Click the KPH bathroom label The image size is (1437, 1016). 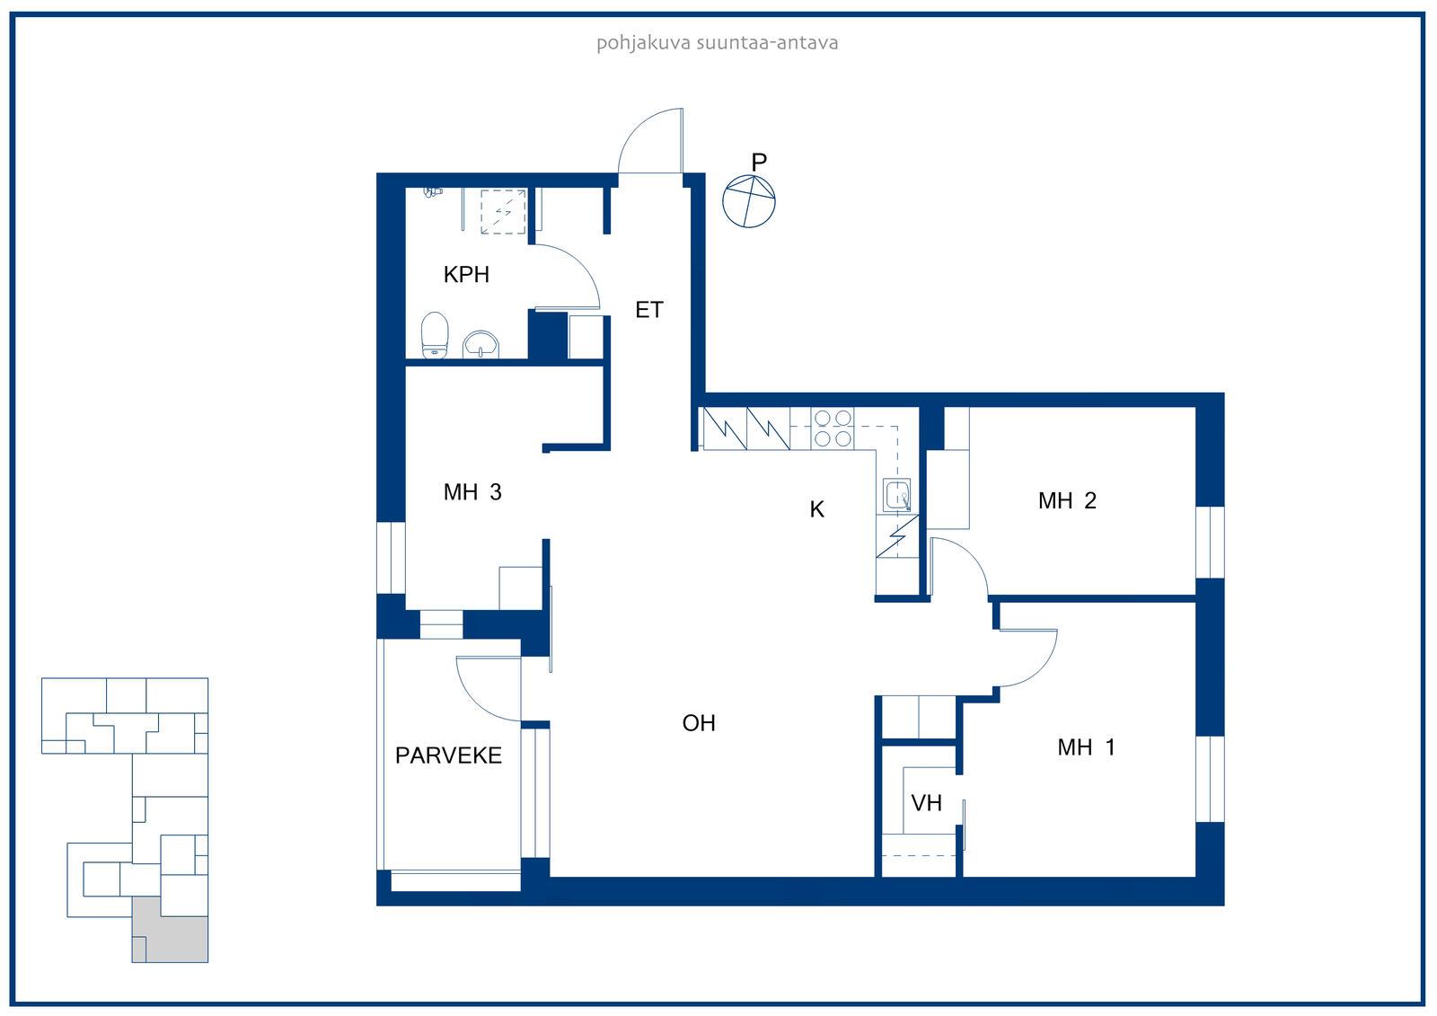click(466, 275)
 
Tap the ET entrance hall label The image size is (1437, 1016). click(648, 310)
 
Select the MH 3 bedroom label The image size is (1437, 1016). click(472, 492)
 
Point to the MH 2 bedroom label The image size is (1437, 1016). click(1068, 500)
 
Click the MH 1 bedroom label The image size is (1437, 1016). click(1087, 747)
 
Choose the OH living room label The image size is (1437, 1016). click(699, 723)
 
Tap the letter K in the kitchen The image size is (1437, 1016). click(816, 509)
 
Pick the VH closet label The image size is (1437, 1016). click(926, 803)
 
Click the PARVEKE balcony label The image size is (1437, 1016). click(448, 755)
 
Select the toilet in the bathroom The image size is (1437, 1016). click(435, 334)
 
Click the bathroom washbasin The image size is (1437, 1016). click(480, 345)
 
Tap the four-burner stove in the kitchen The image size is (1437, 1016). click(833, 428)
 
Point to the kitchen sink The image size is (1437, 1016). click(896, 495)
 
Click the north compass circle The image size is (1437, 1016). click(749, 201)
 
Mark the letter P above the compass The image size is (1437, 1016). click(759, 163)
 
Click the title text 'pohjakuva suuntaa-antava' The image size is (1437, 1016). click(718, 43)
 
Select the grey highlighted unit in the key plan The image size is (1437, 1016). click(170, 930)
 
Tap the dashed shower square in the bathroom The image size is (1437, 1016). click(504, 211)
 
